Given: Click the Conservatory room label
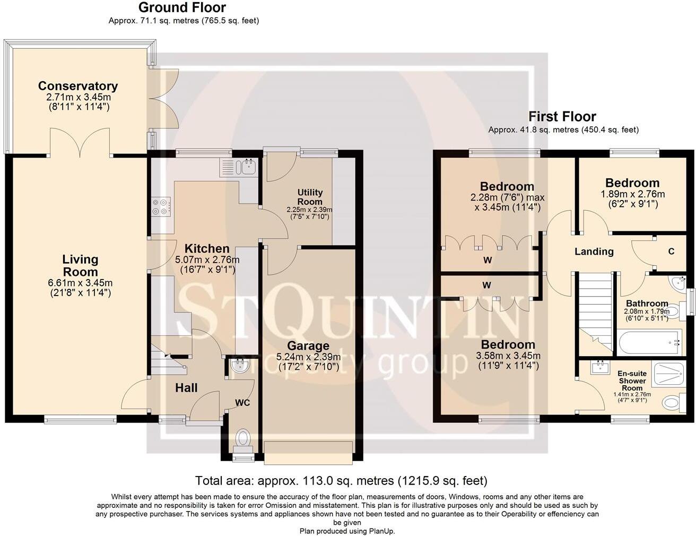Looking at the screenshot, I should [78, 86].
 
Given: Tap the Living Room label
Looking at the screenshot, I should [80, 265].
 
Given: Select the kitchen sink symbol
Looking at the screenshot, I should [247, 167].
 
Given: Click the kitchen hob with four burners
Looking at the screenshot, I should [161, 207].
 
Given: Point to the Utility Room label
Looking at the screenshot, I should [310, 197].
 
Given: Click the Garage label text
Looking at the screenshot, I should [308, 346].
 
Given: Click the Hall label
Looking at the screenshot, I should [186, 388].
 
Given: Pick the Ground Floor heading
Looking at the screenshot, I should [182, 7].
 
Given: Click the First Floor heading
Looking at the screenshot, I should [562, 116].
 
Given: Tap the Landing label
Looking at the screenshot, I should [594, 252].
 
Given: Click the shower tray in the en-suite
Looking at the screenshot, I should [669, 374].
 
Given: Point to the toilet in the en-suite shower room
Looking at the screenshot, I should [672, 403].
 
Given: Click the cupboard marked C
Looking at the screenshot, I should [671, 252].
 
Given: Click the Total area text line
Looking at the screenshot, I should [341, 481].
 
